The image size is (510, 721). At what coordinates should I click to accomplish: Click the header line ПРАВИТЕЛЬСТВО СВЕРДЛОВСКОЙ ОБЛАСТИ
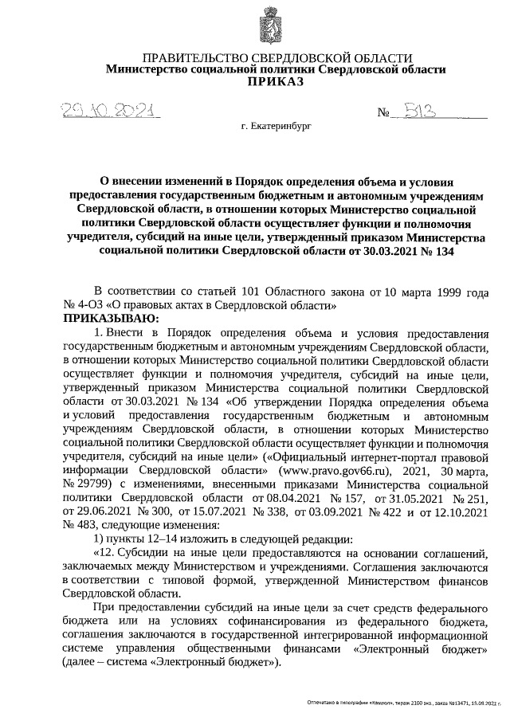[277, 57]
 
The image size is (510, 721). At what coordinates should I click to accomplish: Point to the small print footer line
[406, 703]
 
